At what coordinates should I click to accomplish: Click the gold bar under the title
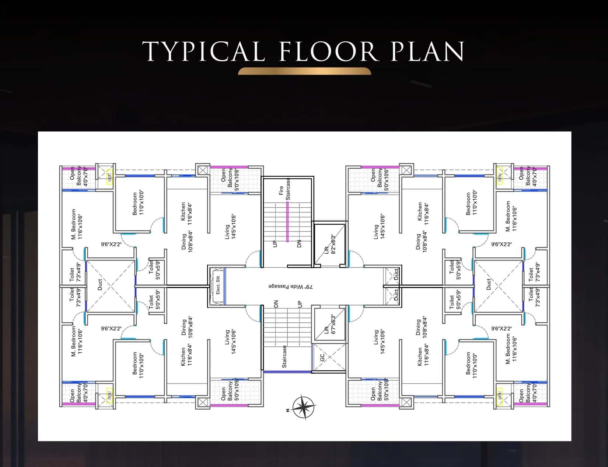304,71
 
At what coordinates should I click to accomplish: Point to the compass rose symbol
304,408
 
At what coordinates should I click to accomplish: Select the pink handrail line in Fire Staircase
287,221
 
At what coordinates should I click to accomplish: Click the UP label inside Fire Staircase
274,244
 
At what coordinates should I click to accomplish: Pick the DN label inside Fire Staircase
299,244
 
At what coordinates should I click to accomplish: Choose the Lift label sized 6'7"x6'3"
330,325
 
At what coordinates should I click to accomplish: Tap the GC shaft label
322,357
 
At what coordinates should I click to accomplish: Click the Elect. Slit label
218,285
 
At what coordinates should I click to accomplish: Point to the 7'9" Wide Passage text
291,286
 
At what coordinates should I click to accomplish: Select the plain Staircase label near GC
284,356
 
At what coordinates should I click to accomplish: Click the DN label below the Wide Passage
276,304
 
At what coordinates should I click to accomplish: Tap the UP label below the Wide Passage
300,304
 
